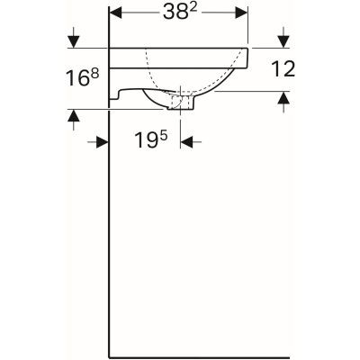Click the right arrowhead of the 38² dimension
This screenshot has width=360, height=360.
point(241,14)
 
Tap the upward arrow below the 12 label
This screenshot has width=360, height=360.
point(284,99)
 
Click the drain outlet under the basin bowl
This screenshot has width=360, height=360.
point(181,103)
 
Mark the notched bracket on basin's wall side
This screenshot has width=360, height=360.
point(120,92)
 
